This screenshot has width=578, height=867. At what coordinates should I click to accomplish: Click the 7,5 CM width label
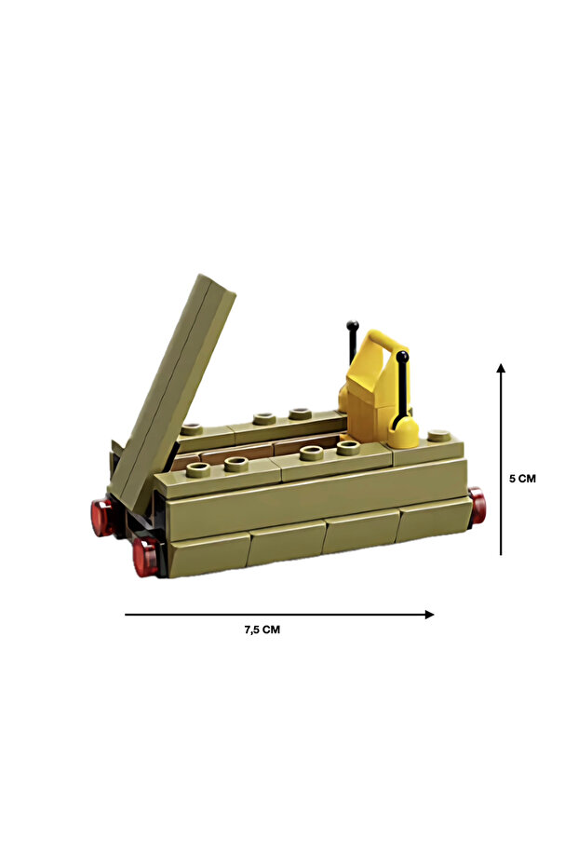262,630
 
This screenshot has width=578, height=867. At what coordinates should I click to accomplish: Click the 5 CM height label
522,479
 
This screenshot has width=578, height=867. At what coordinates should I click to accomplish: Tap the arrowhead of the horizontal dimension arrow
430,615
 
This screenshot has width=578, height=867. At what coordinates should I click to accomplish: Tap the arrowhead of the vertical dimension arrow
501,368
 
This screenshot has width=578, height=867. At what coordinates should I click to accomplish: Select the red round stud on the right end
477,506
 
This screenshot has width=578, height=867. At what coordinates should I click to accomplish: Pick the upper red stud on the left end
102,518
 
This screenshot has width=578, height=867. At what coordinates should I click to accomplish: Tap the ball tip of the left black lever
353,326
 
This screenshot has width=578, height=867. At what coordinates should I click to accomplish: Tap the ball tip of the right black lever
403,357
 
